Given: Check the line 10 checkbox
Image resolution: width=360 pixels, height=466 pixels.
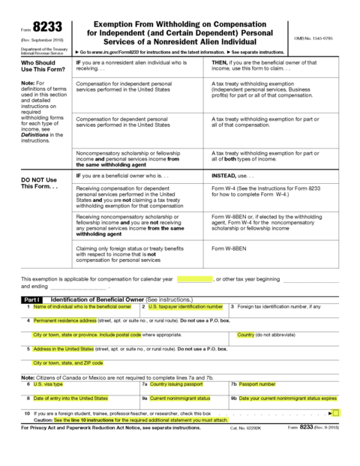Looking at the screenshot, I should coord(335,413).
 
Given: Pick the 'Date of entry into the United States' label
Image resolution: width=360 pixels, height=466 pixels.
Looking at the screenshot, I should coord(70,398).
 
